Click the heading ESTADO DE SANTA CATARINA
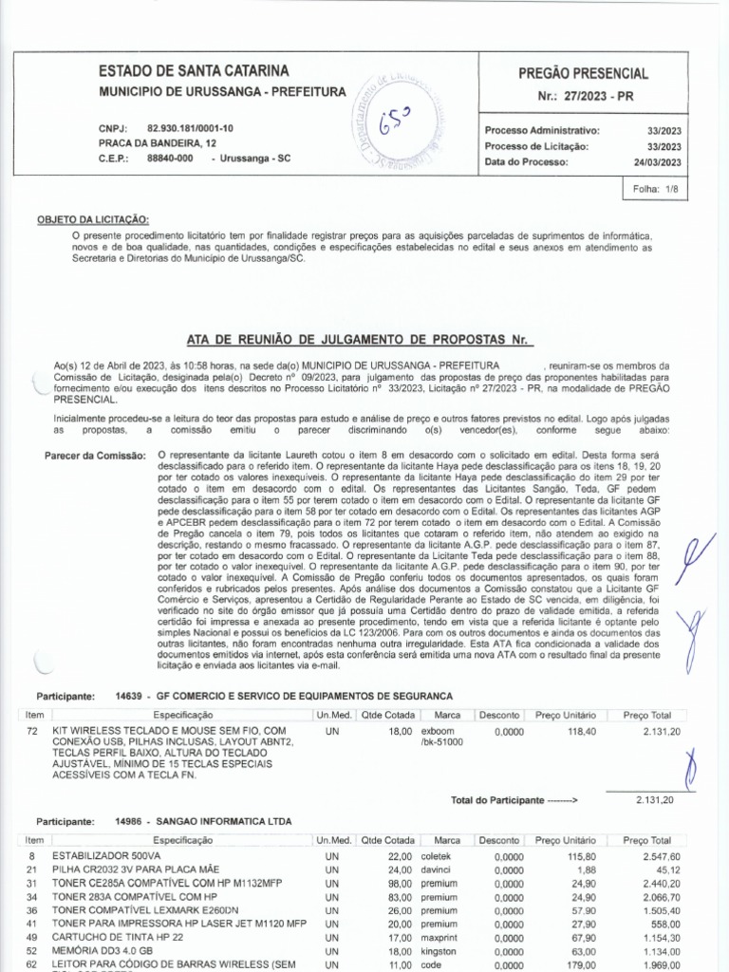tap(195, 71)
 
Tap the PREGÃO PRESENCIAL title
tap(583, 73)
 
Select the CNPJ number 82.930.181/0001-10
tap(190, 128)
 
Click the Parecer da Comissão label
tap(96, 457)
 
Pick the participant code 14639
tap(128, 696)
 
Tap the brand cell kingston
tap(439, 950)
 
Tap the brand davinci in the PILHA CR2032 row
tap(438, 869)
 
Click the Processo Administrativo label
tap(542, 131)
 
